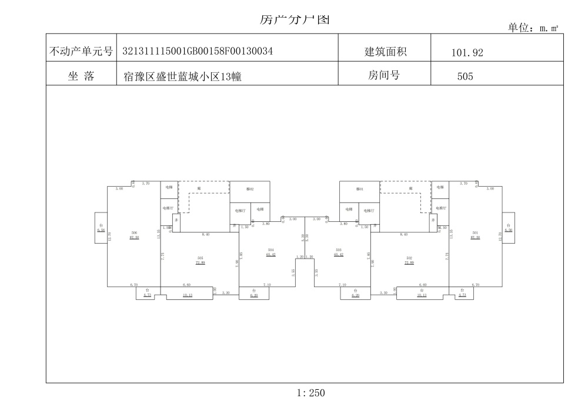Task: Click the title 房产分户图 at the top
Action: click(x=295, y=19)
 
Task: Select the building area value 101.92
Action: click(x=467, y=53)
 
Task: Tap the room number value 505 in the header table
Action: click(x=465, y=76)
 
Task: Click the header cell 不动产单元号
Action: click(x=81, y=52)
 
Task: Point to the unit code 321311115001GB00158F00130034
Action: click(x=197, y=52)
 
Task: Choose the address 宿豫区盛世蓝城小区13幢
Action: click(x=183, y=76)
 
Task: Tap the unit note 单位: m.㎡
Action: click(x=532, y=28)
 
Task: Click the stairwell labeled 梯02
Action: click(x=249, y=190)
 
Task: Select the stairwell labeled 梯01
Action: click(x=360, y=190)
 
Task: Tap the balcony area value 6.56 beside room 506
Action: click(x=101, y=231)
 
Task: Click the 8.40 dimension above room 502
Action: click(x=403, y=234)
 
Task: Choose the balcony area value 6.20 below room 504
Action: click(x=254, y=296)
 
